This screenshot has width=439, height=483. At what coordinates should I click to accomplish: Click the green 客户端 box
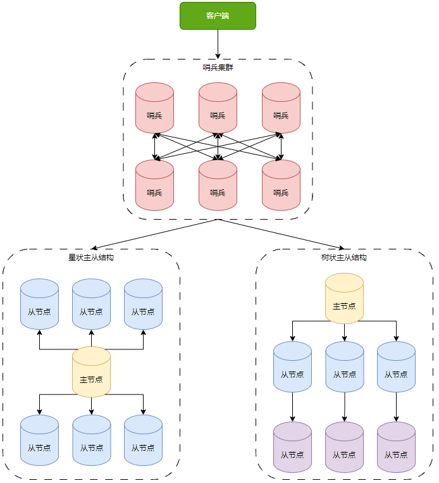(218, 16)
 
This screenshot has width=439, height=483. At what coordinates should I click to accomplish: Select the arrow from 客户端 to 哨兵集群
(218, 44)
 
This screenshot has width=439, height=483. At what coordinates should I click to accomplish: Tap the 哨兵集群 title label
(218, 68)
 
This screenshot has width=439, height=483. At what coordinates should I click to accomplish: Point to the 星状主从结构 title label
(91, 258)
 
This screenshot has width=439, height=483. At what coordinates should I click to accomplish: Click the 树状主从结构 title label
(344, 258)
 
